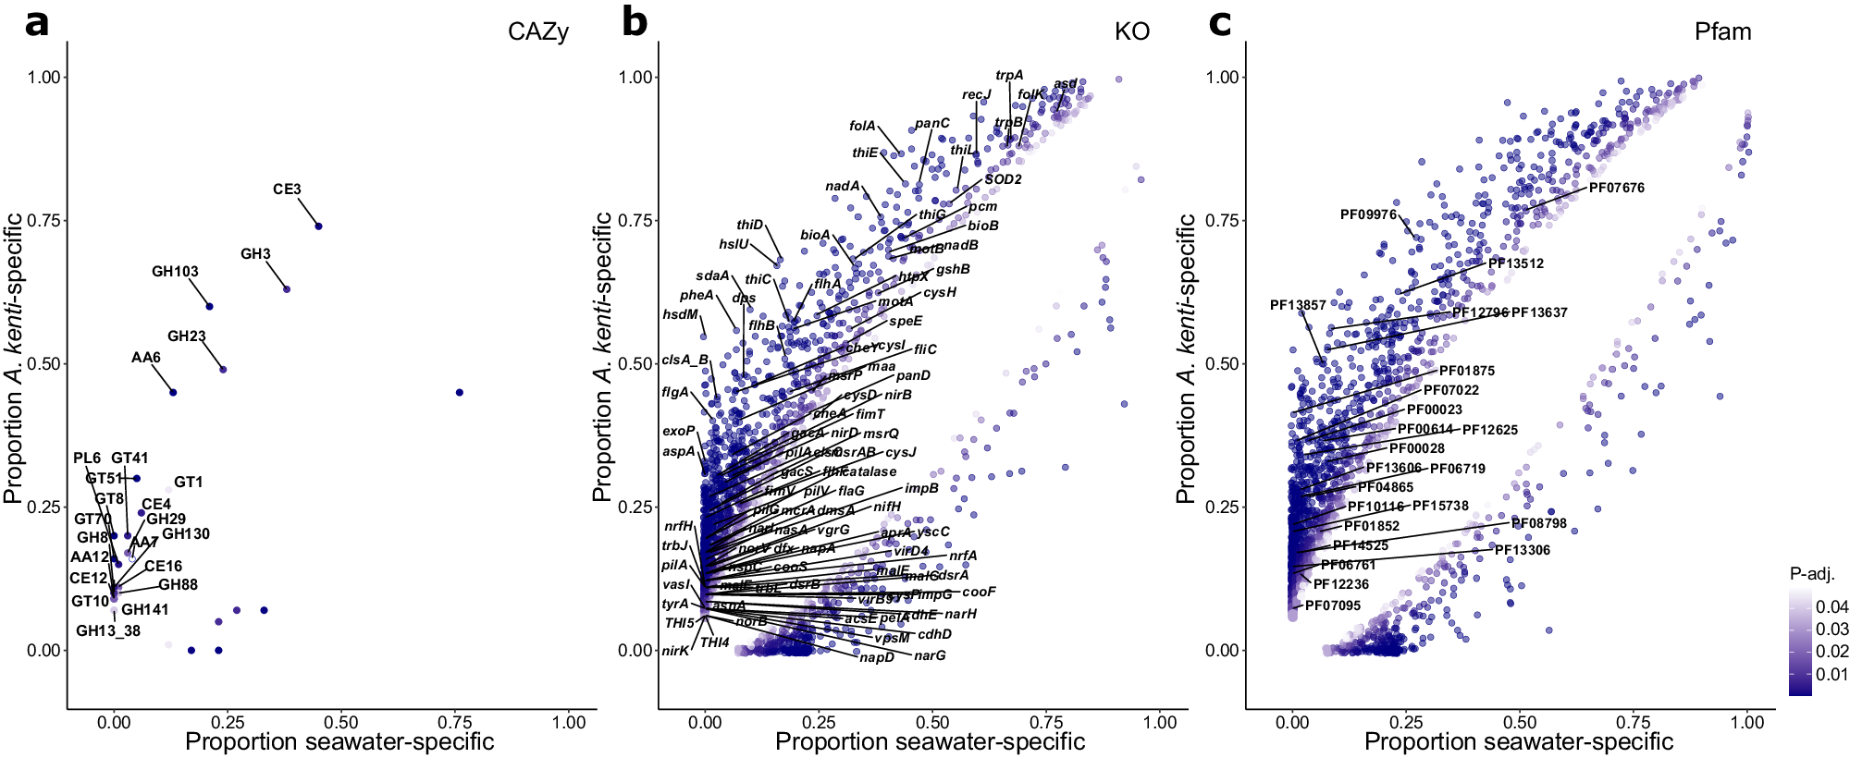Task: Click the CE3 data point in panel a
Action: click(318, 226)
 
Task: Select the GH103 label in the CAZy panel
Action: click(175, 272)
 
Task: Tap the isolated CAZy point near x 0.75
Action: click(460, 393)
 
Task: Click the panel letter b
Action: click(635, 22)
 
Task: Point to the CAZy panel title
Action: click(537, 32)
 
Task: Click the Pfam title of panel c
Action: click(1722, 32)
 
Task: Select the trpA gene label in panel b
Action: click(1009, 76)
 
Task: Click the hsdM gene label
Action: click(680, 315)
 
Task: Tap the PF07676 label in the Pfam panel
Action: click(1616, 189)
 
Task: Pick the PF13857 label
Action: click(1298, 305)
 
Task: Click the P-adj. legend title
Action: click(1812, 574)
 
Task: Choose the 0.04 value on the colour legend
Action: click(1831, 607)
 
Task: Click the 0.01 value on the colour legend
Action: click(1831, 674)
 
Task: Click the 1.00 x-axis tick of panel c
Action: click(1746, 723)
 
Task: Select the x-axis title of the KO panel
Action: click(930, 742)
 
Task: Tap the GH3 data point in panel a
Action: click(287, 289)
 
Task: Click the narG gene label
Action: click(930, 656)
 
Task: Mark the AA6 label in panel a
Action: click(145, 358)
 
